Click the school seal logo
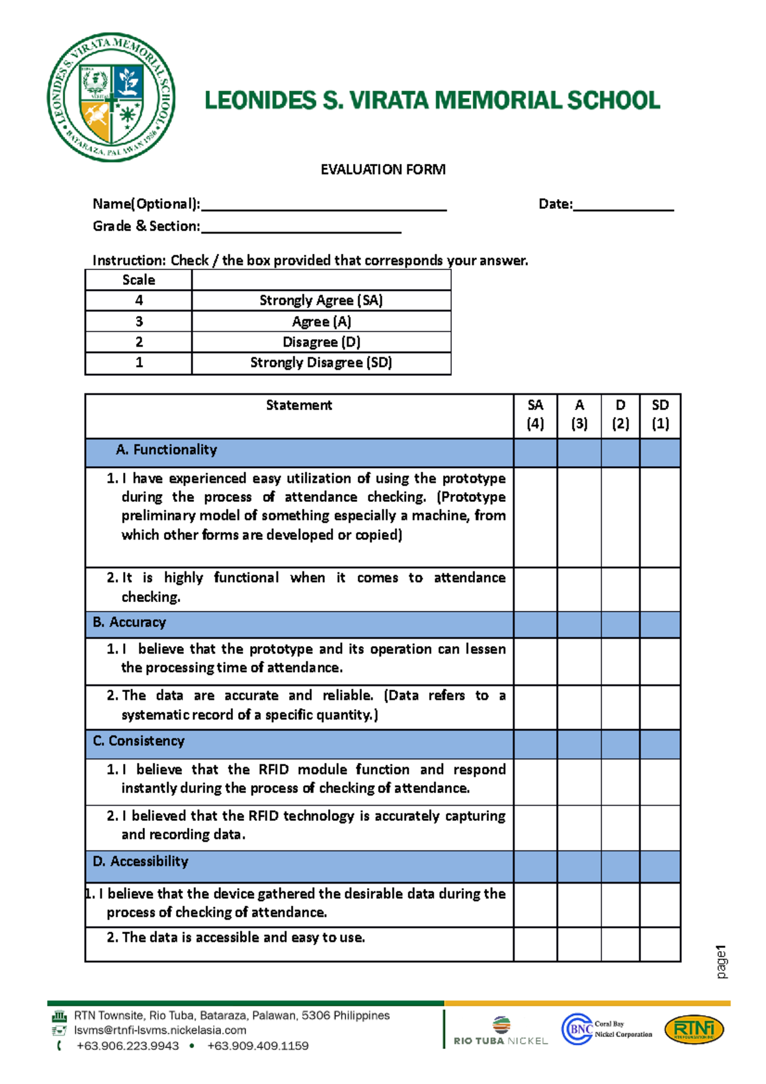(x=111, y=97)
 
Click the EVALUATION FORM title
(x=383, y=169)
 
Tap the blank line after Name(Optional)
(x=323, y=206)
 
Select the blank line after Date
(x=623, y=206)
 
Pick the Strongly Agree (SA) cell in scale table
(x=321, y=300)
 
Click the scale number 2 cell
(x=139, y=342)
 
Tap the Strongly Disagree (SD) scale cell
(x=321, y=363)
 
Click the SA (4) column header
(x=535, y=414)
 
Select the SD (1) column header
(x=660, y=414)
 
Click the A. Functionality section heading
(x=167, y=450)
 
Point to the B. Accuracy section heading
(x=130, y=622)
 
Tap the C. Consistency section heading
(x=139, y=741)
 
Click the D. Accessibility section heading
(x=140, y=862)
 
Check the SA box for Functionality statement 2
(x=535, y=589)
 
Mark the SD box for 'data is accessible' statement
(x=660, y=944)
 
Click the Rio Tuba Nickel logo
(x=501, y=1030)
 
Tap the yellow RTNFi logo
(x=695, y=1030)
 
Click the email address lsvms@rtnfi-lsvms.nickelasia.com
(x=160, y=1030)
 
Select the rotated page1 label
(x=721, y=961)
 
